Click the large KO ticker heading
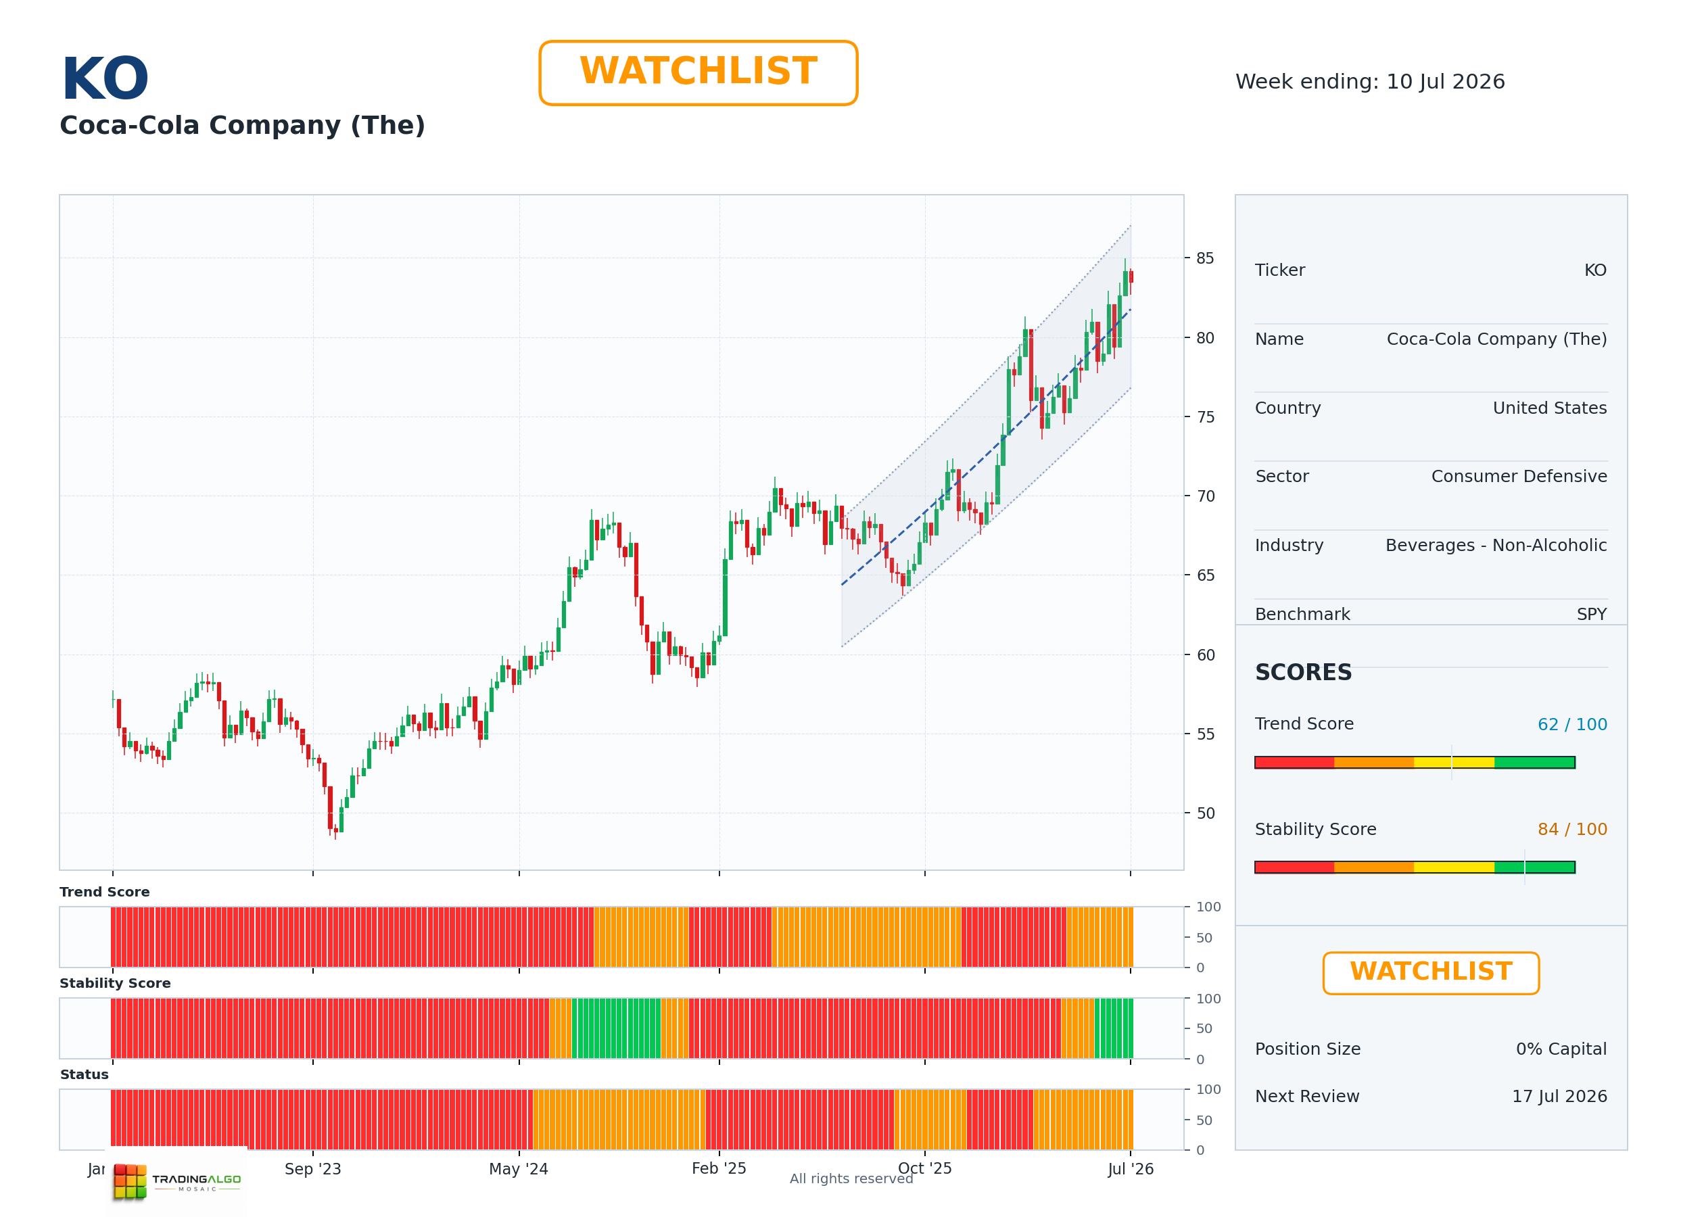[x=105, y=78]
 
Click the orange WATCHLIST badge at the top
[x=698, y=73]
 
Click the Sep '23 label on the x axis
[x=312, y=1169]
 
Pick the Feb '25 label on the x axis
[x=719, y=1168]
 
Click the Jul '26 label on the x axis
[x=1130, y=1169]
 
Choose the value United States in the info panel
[x=1549, y=408]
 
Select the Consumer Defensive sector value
[x=1519, y=477]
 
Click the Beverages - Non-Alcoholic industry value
[x=1496, y=546]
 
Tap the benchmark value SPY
[x=1592, y=615]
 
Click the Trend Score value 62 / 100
[x=1572, y=725]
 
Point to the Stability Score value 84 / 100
[x=1572, y=830]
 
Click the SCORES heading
[x=1303, y=672]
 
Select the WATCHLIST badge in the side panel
[x=1431, y=973]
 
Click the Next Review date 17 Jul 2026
[x=1559, y=1097]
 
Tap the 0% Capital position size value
[x=1561, y=1049]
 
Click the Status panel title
[x=84, y=1074]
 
